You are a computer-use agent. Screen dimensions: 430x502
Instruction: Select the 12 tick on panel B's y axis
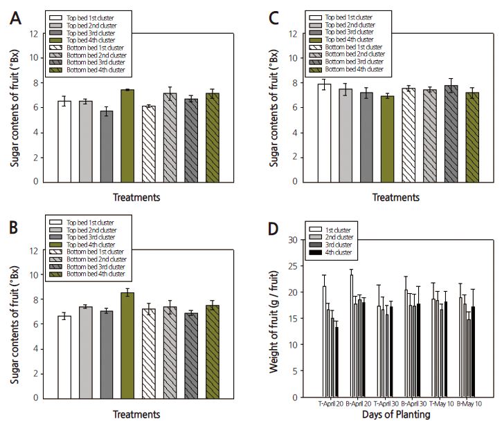coord(34,250)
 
